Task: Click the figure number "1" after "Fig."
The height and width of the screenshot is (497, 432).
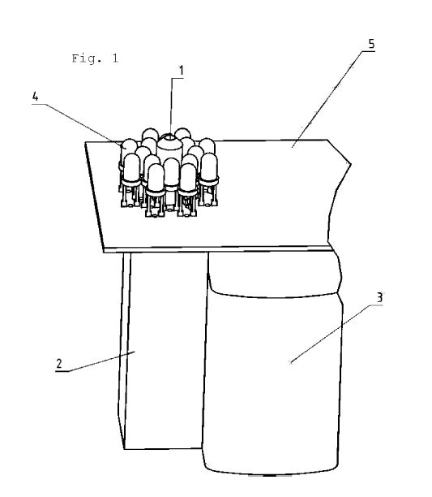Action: click(114, 58)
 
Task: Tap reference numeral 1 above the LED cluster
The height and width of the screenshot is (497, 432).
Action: click(181, 71)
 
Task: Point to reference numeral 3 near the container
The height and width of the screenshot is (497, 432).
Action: click(379, 297)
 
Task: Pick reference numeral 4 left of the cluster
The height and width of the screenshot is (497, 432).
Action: click(35, 97)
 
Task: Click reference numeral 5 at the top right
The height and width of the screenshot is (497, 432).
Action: click(371, 44)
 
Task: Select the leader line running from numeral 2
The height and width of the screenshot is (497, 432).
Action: click(96, 361)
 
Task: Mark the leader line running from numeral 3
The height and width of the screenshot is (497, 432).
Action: click(336, 334)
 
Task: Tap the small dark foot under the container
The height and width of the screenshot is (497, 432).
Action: click(269, 475)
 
